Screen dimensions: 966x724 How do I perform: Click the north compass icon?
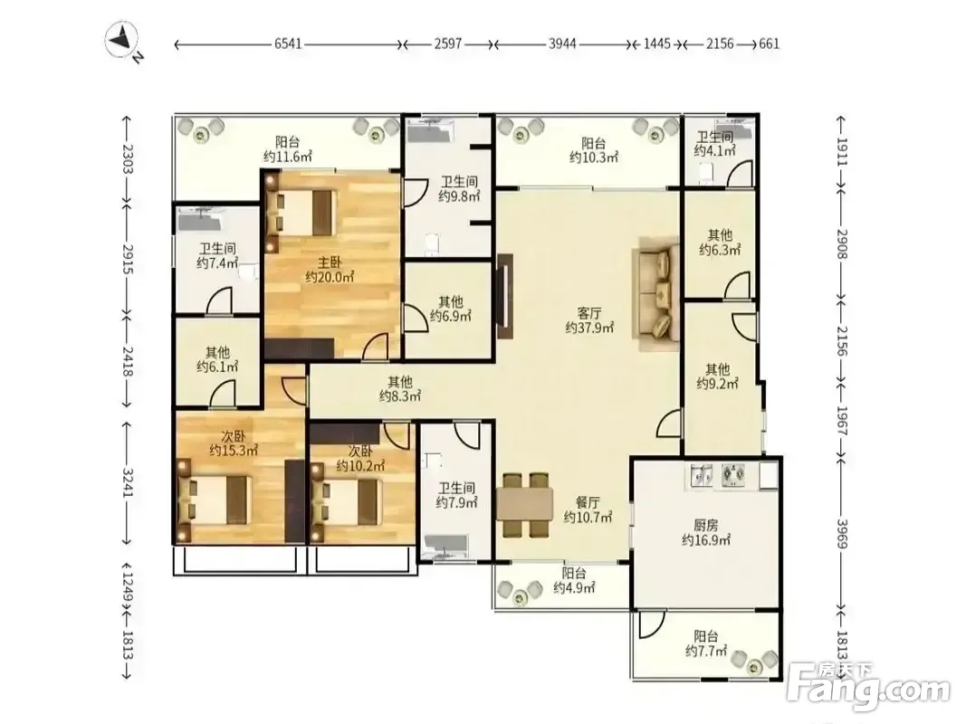coord(123,42)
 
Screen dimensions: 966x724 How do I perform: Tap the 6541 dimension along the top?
coord(288,43)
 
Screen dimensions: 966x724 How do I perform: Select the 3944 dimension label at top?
coord(562,43)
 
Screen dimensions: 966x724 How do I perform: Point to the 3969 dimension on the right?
coord(842,534)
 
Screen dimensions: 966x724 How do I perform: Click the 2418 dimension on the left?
coord(129,361)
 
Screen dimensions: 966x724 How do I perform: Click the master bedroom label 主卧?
coord(330,262)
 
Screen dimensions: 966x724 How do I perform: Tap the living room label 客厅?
coord(589,313)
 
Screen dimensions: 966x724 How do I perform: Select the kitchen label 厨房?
coord(706,525)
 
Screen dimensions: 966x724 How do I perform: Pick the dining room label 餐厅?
coord(588,502)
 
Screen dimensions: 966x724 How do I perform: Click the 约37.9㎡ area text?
coord(589,329)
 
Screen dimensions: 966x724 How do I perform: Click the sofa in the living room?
coord(658,294)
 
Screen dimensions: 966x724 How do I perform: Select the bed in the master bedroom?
coord(301,213)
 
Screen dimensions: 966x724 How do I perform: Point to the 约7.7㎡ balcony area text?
coord(706,651)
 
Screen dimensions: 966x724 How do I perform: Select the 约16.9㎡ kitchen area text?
coord(706,540)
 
